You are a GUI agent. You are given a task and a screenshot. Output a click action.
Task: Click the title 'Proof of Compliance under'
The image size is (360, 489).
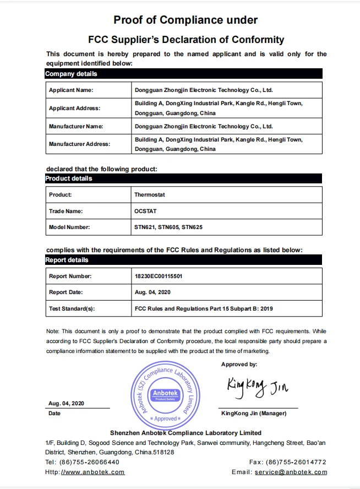[186, 20]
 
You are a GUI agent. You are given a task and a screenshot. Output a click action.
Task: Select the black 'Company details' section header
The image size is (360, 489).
[71, 74]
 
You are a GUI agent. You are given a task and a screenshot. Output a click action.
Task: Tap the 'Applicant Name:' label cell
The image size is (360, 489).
[71, 90]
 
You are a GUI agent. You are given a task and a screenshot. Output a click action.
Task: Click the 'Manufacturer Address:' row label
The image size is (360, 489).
[79, 144]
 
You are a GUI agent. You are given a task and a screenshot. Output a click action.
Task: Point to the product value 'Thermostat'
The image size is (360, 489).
[150, 195]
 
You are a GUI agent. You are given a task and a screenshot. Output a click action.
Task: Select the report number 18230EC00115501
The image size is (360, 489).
[159, 276]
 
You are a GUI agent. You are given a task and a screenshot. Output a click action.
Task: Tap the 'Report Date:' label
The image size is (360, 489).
[67, 292]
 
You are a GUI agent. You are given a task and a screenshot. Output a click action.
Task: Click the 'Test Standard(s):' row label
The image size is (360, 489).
[72, 309]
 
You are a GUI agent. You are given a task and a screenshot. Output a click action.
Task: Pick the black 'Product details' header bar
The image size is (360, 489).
[69, 178]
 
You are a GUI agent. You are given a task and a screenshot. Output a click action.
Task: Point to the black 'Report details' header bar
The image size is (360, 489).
[67, 260]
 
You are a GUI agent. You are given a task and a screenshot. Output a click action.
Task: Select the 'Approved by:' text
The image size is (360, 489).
[239, 365]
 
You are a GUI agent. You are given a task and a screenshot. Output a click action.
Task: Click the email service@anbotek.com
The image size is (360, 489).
[299, 472]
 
